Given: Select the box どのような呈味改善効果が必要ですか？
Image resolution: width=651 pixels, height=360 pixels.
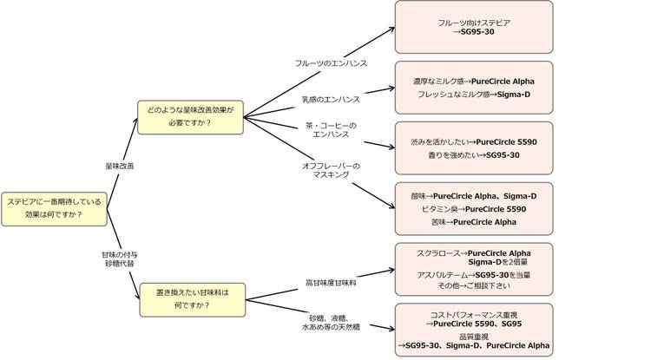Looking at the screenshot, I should click(192, 117).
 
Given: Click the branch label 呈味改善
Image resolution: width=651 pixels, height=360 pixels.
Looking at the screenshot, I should click(119, 165).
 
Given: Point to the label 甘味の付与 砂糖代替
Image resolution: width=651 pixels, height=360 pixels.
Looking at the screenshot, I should click(119, 258).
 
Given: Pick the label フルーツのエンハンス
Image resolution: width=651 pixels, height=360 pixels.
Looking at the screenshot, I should click(331, 63).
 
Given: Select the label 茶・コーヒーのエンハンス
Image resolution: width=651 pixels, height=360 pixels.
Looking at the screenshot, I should click(330, 131).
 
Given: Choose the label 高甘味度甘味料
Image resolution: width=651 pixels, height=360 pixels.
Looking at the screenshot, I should click(331, 283).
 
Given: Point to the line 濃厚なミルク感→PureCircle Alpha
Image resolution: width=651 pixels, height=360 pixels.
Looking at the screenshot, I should click(473, 81).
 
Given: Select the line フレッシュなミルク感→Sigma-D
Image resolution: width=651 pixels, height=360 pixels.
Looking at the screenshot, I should click(473, 94).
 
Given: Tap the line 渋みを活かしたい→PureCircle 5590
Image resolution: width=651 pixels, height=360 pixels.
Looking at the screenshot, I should click(473, 141).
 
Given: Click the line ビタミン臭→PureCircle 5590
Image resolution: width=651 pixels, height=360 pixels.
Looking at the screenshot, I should click(473, 209).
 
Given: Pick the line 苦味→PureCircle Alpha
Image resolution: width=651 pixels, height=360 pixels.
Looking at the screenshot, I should click(473, 222).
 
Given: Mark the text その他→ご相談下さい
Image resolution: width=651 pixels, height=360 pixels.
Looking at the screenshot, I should click(473, 285).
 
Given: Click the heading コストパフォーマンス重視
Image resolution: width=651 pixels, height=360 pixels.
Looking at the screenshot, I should click(473, 313).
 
